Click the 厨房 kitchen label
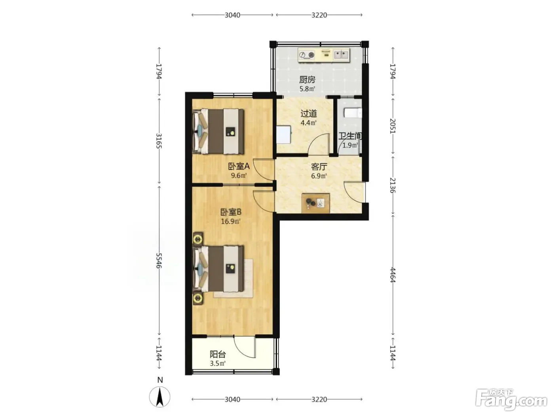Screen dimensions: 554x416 [x=307, y=80]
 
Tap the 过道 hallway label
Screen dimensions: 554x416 [x=308, y=114]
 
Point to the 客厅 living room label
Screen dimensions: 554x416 [x=319, y=167]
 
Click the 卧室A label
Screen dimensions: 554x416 [x=239, y=166]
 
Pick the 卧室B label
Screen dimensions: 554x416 [x=231, y=212]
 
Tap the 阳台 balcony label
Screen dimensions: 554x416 [x=218, y=354]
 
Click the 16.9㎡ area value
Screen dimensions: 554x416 [x=230, y=221]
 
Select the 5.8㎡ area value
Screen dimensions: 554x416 [x=307, y=89]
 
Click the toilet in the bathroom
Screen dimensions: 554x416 [x=353, y=113]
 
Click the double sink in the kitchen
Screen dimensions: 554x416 [x=341, y=54]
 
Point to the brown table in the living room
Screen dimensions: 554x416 [x=316, y=203]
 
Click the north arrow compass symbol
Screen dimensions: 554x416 [x=159, y=397]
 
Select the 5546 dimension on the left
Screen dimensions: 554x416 [x=159, y=261]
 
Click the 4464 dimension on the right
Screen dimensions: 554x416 [x=393, y=275]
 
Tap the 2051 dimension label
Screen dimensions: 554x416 [x=393, y=126]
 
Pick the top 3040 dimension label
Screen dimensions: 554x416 [x=232, y=15]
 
